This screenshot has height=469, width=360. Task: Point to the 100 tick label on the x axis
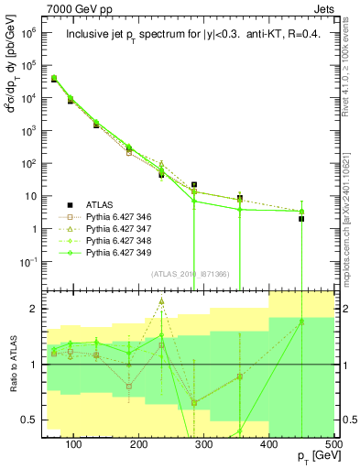pos(74,444)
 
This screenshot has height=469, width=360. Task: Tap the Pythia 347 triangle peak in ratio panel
pos(161,301)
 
